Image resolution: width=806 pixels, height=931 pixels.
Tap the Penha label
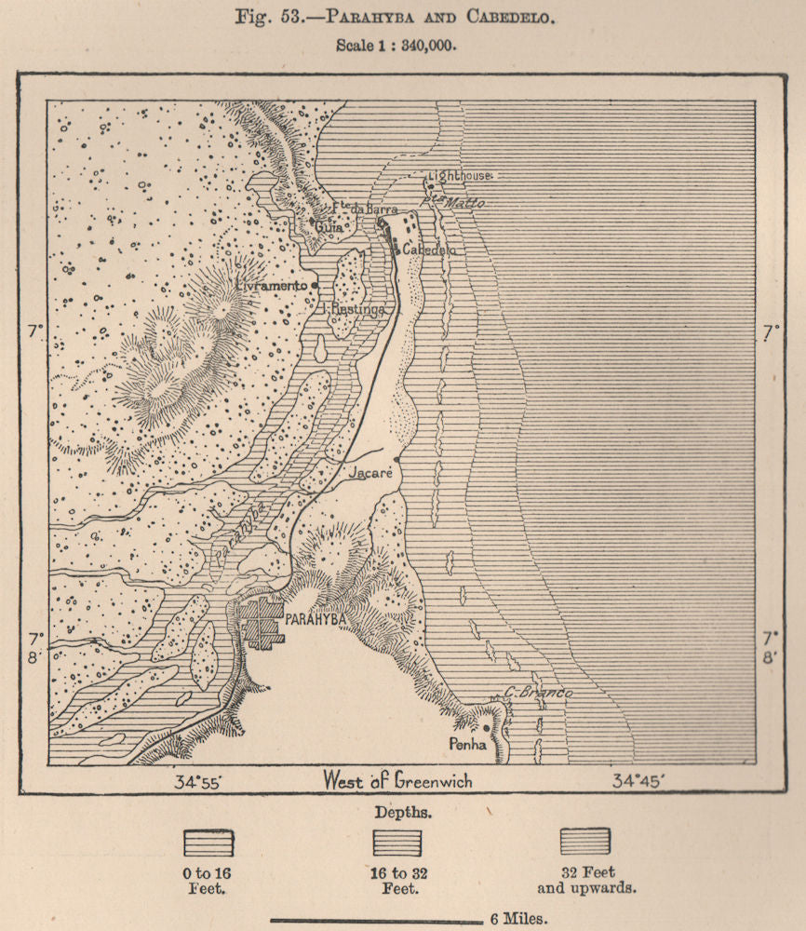[467, 745]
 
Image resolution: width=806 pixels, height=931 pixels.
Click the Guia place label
[329, 226]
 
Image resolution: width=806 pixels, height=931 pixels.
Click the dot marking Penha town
[486, 729]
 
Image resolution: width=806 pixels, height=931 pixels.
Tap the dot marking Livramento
[316, 285]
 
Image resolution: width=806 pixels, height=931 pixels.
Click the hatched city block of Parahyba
[262, 623]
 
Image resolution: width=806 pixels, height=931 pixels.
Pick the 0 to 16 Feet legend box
[208, 843]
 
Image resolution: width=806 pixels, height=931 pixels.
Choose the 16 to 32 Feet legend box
[397, 843]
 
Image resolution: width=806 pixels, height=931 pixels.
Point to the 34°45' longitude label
[637, 782]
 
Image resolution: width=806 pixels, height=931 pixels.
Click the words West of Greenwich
[397, 780]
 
